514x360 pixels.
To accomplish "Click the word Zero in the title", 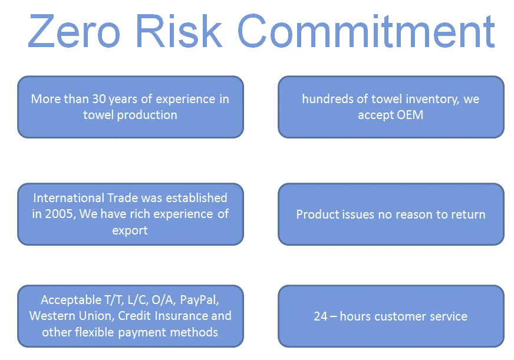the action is pos(74,31).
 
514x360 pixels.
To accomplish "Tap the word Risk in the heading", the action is pos(179,31).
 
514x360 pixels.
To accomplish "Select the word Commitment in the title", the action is pos(366,31).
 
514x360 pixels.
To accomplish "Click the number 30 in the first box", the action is pos(98,99).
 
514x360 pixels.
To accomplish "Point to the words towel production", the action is pos(130,115).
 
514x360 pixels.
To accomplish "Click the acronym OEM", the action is pos(410,115).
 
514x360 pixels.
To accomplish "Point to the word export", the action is pos(130,230).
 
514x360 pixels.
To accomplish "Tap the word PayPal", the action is pos(199,300).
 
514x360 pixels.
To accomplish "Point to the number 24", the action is pos(320,316).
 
